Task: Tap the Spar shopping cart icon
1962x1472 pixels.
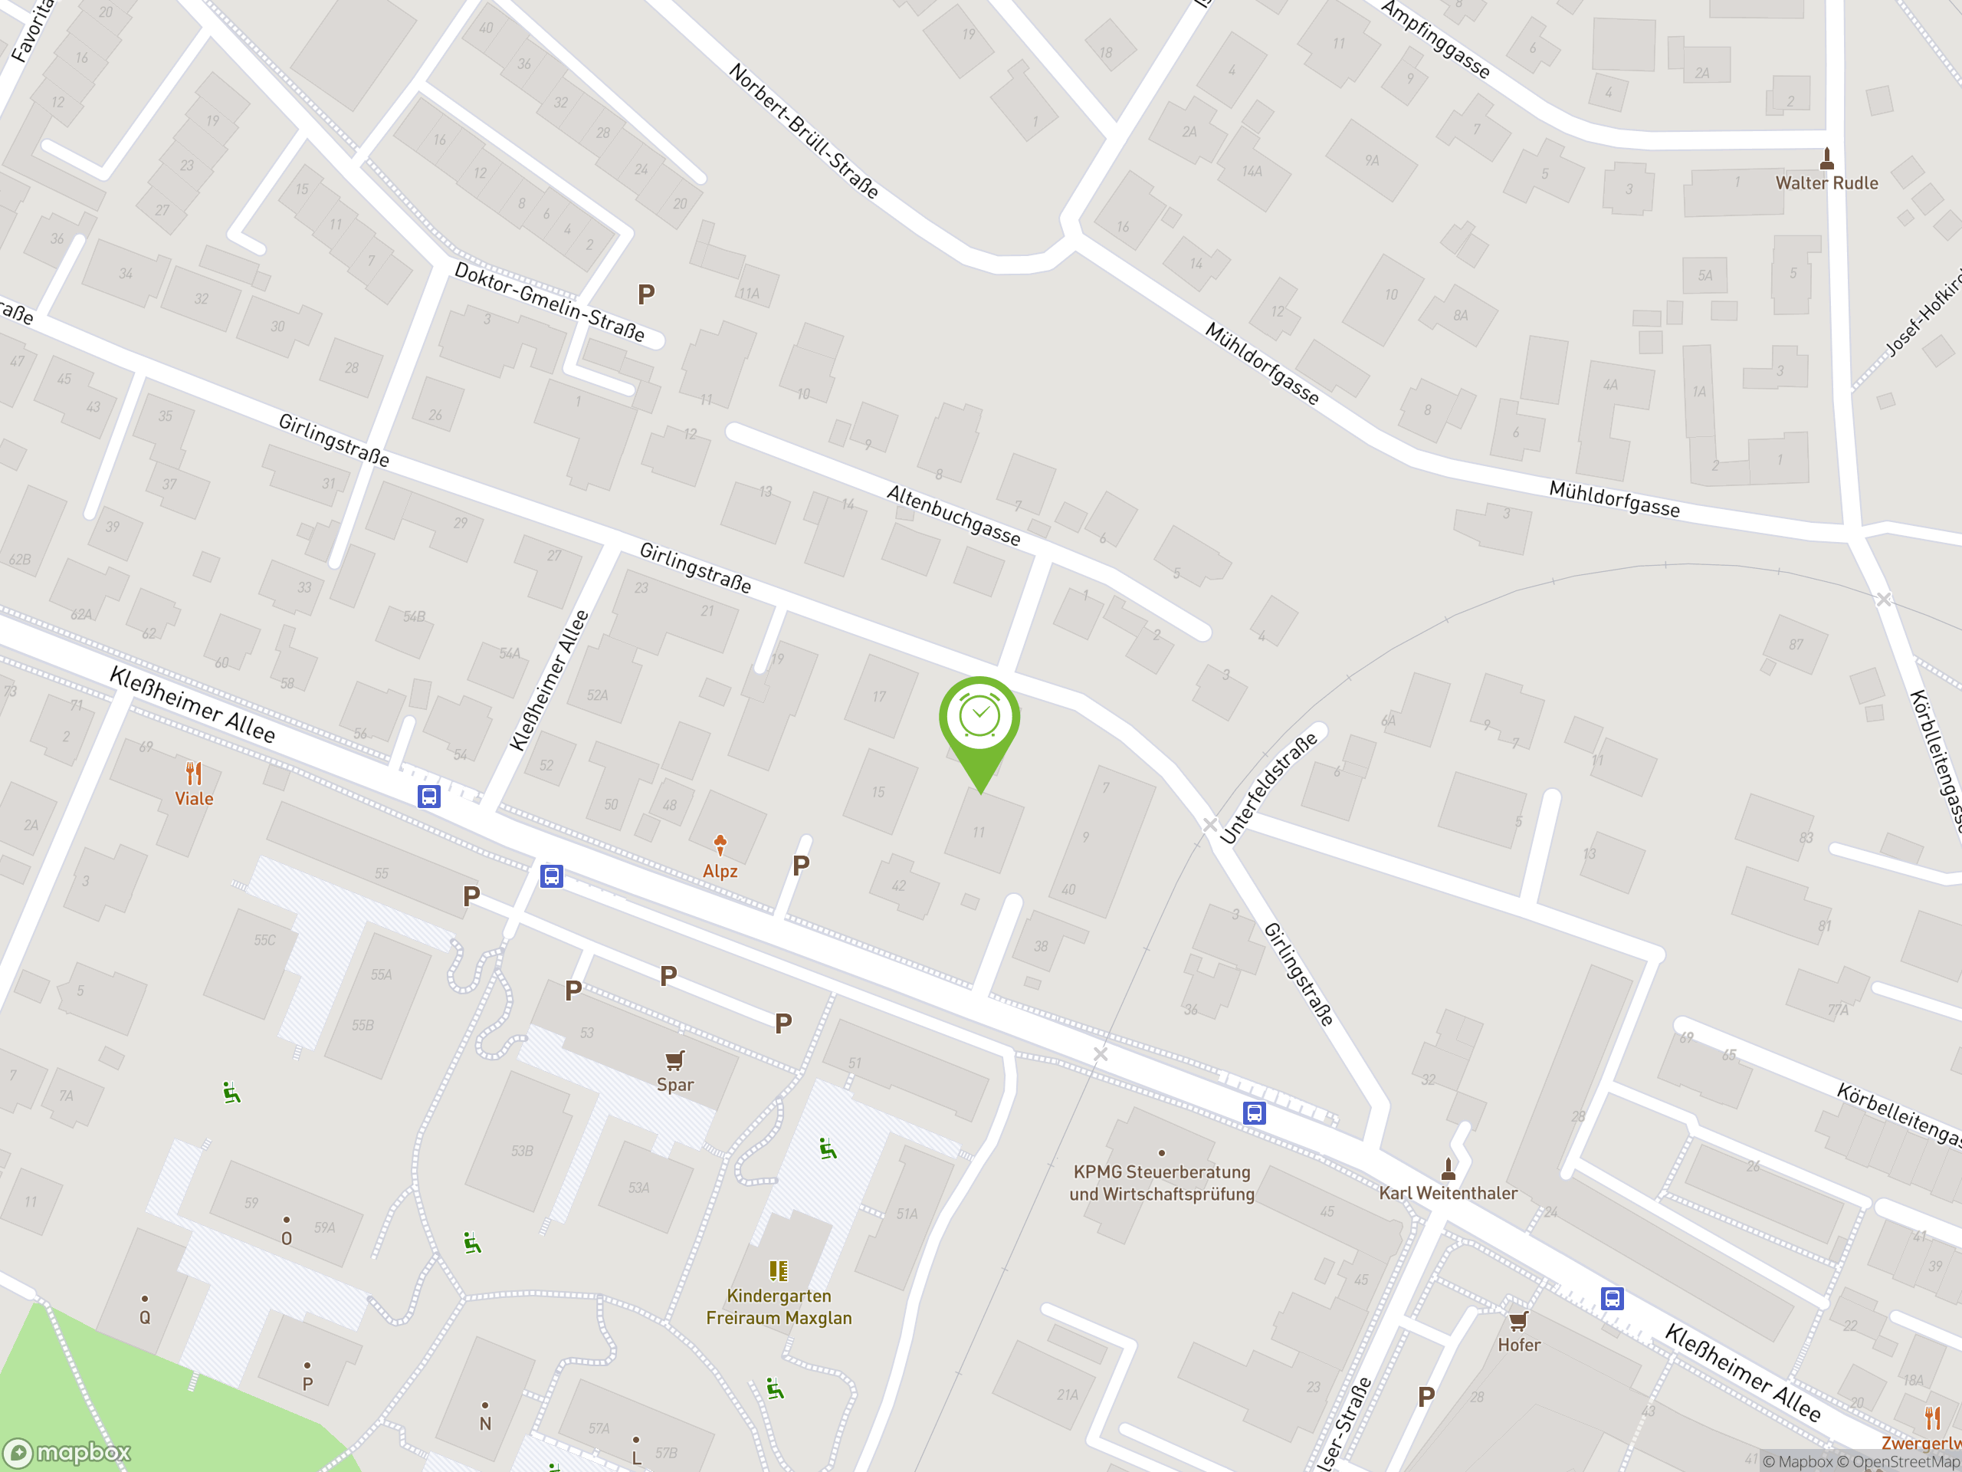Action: [675, 1060]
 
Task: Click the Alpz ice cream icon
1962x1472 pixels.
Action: [720, 844]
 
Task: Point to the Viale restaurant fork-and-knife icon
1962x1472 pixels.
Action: [193, 773]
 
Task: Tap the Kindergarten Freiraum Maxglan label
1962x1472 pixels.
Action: [779, 1307]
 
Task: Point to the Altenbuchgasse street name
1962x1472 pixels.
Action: [953, 515]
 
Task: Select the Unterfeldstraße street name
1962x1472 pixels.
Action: [1268, 788]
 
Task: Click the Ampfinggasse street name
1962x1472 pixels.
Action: [1435, 40]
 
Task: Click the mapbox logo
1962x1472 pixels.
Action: [67, 1453]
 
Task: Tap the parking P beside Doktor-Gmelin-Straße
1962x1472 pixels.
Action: [647, 294]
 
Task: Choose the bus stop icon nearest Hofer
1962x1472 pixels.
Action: [1612, 1299]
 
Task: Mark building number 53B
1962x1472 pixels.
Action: [522, 1151]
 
